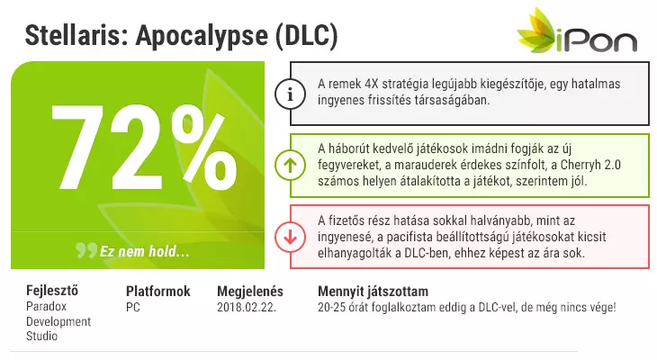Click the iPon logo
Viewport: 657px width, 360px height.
point(577,31)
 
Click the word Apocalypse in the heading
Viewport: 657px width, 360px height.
point(202,36)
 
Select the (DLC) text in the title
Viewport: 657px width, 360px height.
point(307,36)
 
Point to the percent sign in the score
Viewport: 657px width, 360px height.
point(204,147)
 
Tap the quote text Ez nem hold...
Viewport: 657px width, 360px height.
point(144,251)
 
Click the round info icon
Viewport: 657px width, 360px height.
point(290,94)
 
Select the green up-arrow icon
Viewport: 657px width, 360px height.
point(290,165)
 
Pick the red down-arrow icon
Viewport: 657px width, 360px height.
point(290,237)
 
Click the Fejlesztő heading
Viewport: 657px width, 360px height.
point(52,291)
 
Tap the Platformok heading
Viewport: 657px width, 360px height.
point(158,291)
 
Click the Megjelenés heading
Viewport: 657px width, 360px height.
point(250,292)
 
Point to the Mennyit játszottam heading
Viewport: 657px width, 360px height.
point(373,292)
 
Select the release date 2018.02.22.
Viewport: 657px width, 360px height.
point(247,307)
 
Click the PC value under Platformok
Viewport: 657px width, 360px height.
point(133,307)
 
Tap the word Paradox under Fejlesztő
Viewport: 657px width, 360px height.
point(46,306)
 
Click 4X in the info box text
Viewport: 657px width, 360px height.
point(373,84)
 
